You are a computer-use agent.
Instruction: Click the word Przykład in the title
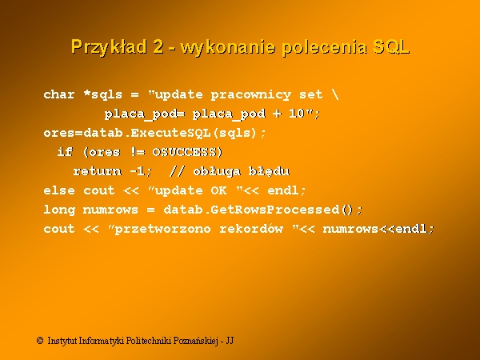(109, 47)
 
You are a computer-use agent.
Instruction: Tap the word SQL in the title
(391, 47)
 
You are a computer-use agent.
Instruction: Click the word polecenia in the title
(325, 47)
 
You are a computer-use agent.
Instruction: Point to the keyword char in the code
(59, 94)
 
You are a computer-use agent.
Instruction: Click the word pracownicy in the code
(251, 95)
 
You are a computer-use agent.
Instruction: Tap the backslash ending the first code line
(335, 94)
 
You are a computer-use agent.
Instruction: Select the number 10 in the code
(297, 114)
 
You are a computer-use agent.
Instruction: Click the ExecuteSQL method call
(170, 133)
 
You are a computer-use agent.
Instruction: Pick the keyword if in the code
(66, 152)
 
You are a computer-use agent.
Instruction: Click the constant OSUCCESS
(185, 152)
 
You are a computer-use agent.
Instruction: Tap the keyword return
(98, 171)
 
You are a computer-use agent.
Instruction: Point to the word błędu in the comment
(269, 171)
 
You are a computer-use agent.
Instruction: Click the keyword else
(59, 190)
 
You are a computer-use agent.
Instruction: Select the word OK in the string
(218, 190)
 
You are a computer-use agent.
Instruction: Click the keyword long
(59, 210)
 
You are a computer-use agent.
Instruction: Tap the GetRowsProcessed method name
(275, 210)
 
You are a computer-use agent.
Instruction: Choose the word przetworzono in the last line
(162, 230)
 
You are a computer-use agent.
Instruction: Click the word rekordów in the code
(251, 229)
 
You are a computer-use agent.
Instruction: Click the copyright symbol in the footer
(40, 341)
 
